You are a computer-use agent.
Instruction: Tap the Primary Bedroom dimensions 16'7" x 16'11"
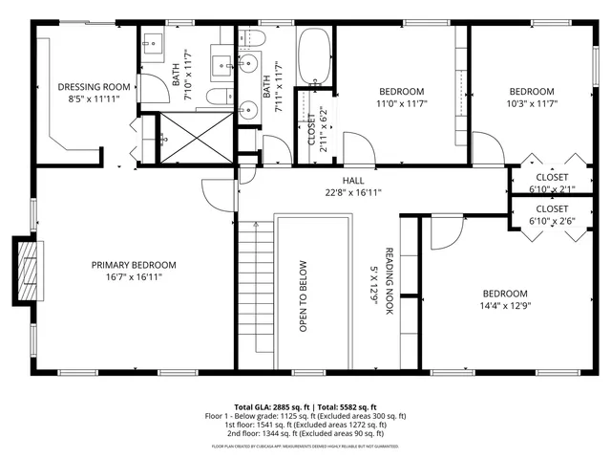(134, 278)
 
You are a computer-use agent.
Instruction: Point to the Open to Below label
(303, 296)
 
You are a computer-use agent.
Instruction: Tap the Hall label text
(353, 180)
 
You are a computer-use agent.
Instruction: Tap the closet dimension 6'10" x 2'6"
(552, 222)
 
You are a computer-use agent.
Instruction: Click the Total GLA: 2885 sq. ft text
(267, 406)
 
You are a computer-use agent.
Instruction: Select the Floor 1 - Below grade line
(305, 415)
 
